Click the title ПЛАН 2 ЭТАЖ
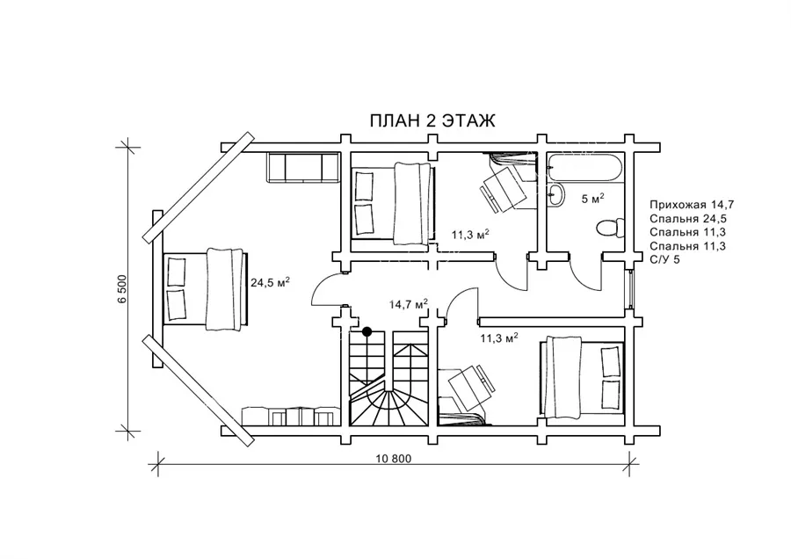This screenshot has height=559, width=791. (x=432, y=121)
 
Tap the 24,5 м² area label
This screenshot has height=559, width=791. (x=270, y=282)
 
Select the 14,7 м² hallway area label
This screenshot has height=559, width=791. (x=409, y=304)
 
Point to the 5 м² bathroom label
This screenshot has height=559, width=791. (x=592, y=199)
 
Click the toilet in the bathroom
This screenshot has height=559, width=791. (x=610, y=228)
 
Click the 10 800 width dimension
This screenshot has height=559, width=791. (x=394, y=459)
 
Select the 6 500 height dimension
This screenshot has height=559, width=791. (x=122, y=289)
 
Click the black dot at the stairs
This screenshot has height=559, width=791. (x=367, y=331)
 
